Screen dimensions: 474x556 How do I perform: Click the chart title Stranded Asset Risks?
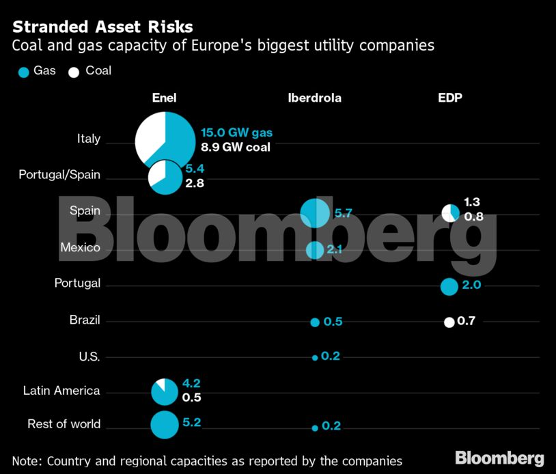pyautogui.click(x=102, y=27)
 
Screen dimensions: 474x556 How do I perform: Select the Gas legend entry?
pyautogui.click(x=38, y=70)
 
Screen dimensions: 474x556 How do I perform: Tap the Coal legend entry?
pyautogui.click(x=89, y=70)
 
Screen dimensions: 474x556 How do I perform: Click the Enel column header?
pyautogui.click(x=164, y=98)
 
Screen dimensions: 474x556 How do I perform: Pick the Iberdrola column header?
pyautogui.click(x=314, y=98)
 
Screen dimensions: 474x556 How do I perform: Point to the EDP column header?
pyautogui.click(x=449, y=98)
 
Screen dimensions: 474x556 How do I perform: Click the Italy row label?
pyautogui.click(x=89, y=139)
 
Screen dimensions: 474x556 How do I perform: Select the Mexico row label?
pyautogui.click(x=80, y=247)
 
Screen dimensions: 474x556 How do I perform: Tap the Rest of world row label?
pyautogui.click(x=64, y=424)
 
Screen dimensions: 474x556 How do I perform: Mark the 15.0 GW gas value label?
pyautogui.click(x=236, y=133)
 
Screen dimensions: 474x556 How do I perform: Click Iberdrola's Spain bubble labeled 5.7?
pyautogui.click(x=315, y=213)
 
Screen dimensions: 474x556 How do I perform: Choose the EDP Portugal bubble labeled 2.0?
pyautogui.click(x=449, y=286)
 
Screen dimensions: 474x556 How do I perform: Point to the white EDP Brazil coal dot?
pyautogui.click(x=449, y=322)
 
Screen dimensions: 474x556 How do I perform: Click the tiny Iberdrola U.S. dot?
pyautogui.click(x=315, y=357)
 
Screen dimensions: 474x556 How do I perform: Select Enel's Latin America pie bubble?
pyautogui.click(x=164, y=391)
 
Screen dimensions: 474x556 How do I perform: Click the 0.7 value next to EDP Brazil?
pyautogui.click(x=466, y=321)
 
